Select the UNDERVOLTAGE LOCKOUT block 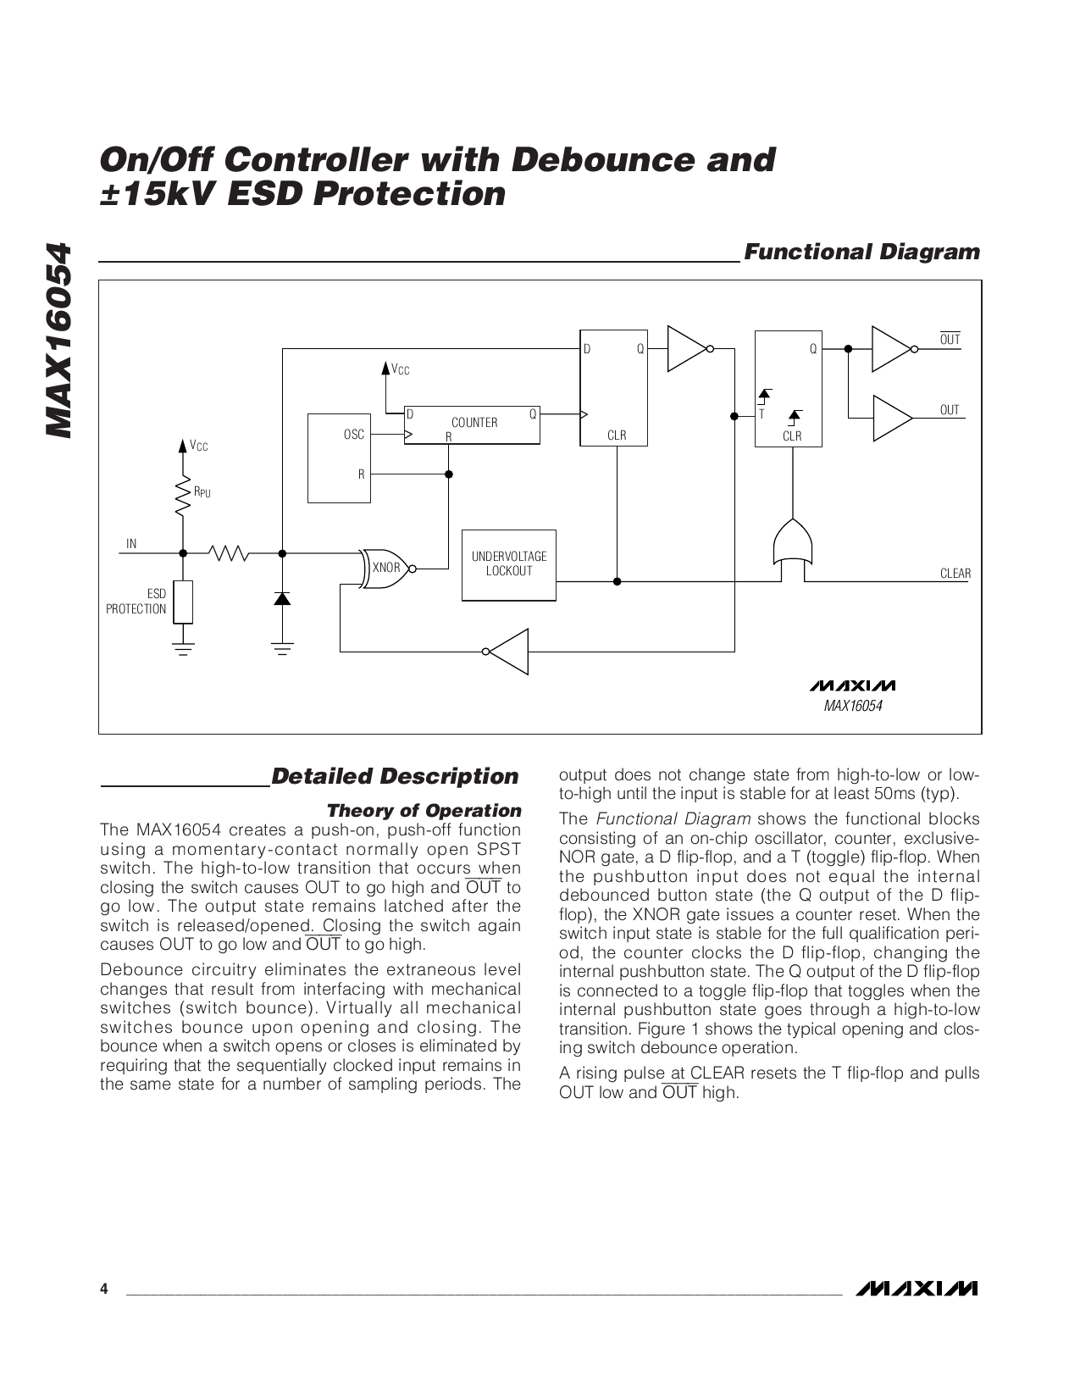[509, 564]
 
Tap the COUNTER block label [474, 422]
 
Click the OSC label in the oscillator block [354, 435]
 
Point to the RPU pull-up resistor [182, 497]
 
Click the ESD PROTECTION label [136, 602]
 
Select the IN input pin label [131, 544]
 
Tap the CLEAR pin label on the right [955, 574]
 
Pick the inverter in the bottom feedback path [508, 652]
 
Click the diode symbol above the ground [282, 599]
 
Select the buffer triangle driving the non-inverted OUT [891, 418]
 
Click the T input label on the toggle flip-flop [762, 414]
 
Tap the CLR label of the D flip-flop [617, 435]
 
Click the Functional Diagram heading [861, 252]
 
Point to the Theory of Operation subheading [424, 811]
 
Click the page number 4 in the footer [104, 1290]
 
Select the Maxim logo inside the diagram [852, 685]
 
